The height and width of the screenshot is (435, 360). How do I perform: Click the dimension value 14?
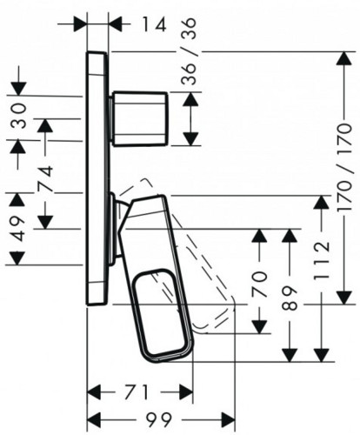[154, 24]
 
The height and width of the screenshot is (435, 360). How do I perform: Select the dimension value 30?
[18, 116]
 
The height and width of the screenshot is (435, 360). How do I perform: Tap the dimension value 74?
[45, 178]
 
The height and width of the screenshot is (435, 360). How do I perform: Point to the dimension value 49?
[18, 229]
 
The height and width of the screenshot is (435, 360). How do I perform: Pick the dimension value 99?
[159, 418]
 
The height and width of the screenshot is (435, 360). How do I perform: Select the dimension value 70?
[259, 284]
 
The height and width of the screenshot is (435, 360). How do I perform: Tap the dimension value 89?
[290, 298]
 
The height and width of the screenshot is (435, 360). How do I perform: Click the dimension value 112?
[322, 259]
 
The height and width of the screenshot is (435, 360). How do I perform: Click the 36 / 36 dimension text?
[190, 51]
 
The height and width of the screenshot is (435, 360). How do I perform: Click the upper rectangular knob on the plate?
[140, 118]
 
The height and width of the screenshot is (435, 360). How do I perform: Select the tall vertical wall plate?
[97, 178]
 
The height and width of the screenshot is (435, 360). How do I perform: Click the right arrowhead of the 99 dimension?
[228, 418]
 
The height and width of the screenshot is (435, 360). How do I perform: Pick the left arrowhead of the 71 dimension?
[94, 392]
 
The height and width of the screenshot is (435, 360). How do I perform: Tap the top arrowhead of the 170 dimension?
[344, 58]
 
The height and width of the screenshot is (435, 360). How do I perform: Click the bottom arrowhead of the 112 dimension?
[322, 355]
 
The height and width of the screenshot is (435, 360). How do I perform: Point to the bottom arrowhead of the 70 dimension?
[259, 326]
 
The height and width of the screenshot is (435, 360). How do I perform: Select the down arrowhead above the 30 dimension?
[18, 89]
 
